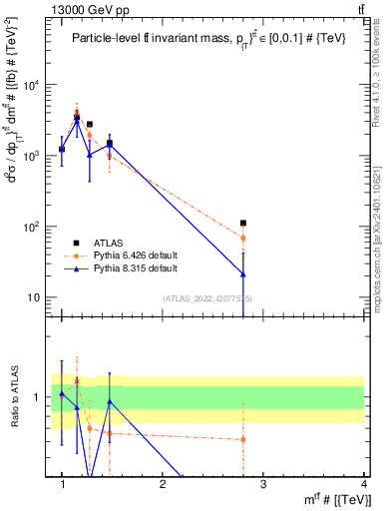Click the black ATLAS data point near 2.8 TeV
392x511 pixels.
[243, 224]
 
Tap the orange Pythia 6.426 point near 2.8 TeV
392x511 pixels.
[243, 238]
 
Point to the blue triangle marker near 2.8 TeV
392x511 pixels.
[243, 273]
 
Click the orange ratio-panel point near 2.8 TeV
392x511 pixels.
[243, 439]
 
